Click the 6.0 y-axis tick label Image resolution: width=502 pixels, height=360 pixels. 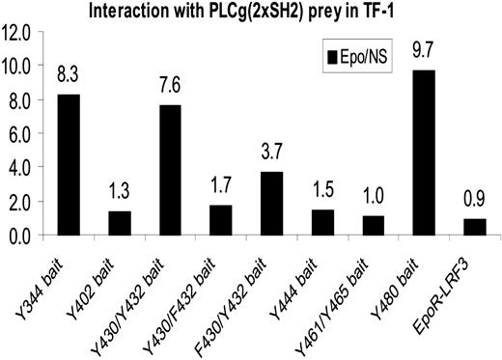coord(22,133)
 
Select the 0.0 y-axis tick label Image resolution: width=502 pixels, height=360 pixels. coord(22,235)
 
